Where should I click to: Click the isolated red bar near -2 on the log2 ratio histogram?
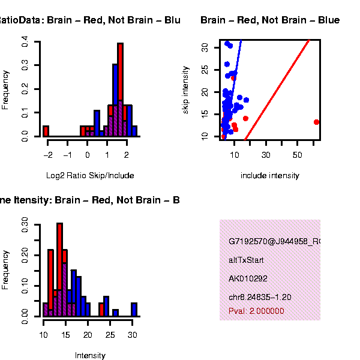coord(46,131)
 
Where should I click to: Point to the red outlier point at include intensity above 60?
coord(316,122)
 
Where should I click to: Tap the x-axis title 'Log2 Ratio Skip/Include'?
coord(90,176)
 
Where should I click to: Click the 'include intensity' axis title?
coord(269,176)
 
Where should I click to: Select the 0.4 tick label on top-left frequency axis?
coord(25,42)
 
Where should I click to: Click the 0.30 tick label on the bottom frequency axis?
coord(25,224)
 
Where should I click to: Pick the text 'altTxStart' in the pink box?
coord(246,260)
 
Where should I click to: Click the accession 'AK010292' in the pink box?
coord(247,279)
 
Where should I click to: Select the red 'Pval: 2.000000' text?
coord(256,311)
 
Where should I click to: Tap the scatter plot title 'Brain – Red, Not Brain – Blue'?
coord(270,20)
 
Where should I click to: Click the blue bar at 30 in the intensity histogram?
coord(134,309)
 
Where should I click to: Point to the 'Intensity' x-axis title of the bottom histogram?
coord(90,356)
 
